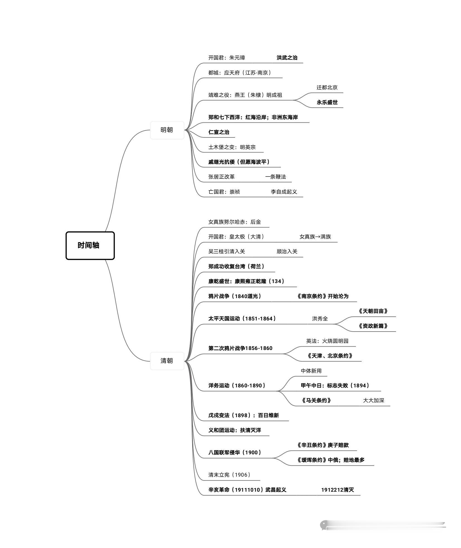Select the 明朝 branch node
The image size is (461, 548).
click(x=167, y=130)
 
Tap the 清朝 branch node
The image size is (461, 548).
click(x=167, y=361)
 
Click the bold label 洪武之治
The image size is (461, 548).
click(x=287, y=58)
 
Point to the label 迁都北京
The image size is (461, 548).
click(x=327, y=88)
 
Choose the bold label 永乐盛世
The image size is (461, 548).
click(x=327, y=102)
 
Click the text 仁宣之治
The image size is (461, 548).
click(x=219, y=132)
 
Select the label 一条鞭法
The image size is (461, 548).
click(x=276, y=177)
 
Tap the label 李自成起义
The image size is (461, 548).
click(x=284, y=192)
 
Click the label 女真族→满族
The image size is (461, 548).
click(x=315, y=237)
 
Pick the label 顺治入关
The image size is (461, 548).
click(x=287, y=252)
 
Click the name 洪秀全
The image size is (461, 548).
click(x=320, y=319)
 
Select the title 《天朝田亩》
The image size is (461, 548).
click(x=373, y=311)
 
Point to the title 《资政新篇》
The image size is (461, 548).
click(x=373, y=326)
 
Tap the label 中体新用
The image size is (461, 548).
click(x=311, y=371)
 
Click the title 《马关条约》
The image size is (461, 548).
click(x=316, y=401)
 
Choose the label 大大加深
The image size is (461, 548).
click(x=373, y=401)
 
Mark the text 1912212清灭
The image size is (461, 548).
click(x=337, y=490)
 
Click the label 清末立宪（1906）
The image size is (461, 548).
click(x=229, y=475)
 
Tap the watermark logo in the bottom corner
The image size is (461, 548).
click(x=324, y=525)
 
